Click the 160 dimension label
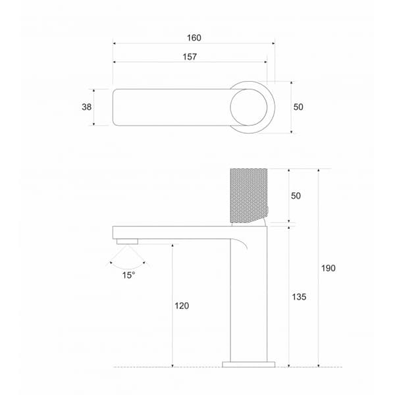tap(194, 38)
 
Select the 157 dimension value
tap(190, 57)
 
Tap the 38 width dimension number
tap(86, 107)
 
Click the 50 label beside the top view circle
tap(298, 107)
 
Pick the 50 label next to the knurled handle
tap(296, 196)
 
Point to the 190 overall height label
tap(329, 268)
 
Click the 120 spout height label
tap(182, 305)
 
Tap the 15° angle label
tap(129, 275)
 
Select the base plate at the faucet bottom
tap(249, 363)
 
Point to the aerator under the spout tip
tap(128, 242)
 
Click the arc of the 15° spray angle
tap(128, 267)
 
